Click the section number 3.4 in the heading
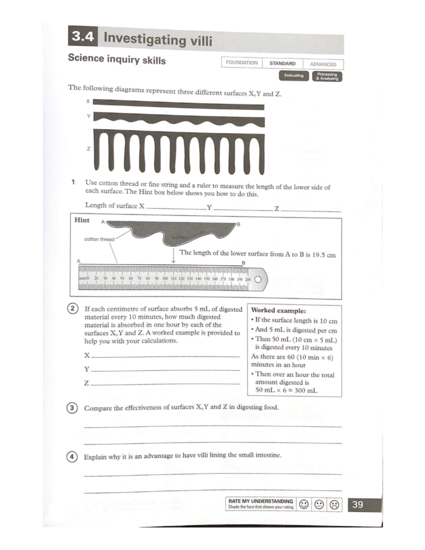(83, 36)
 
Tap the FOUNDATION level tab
(242, 63)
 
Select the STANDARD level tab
(282, 63)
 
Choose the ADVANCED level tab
(323, 64)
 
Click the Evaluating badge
(294, 75)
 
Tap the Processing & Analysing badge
(327, 76)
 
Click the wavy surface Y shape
(179, 120)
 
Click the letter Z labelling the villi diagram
(89, 149)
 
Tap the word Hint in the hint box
(82, 220)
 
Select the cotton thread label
(99, 239)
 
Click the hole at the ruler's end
(258, 279)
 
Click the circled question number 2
(72, 308)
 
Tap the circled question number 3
(72, 408)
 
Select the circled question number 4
(72, 457)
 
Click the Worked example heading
(278, 311)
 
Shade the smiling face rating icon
(304, 504)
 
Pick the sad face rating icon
(334, 504)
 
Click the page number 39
(357, 504)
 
